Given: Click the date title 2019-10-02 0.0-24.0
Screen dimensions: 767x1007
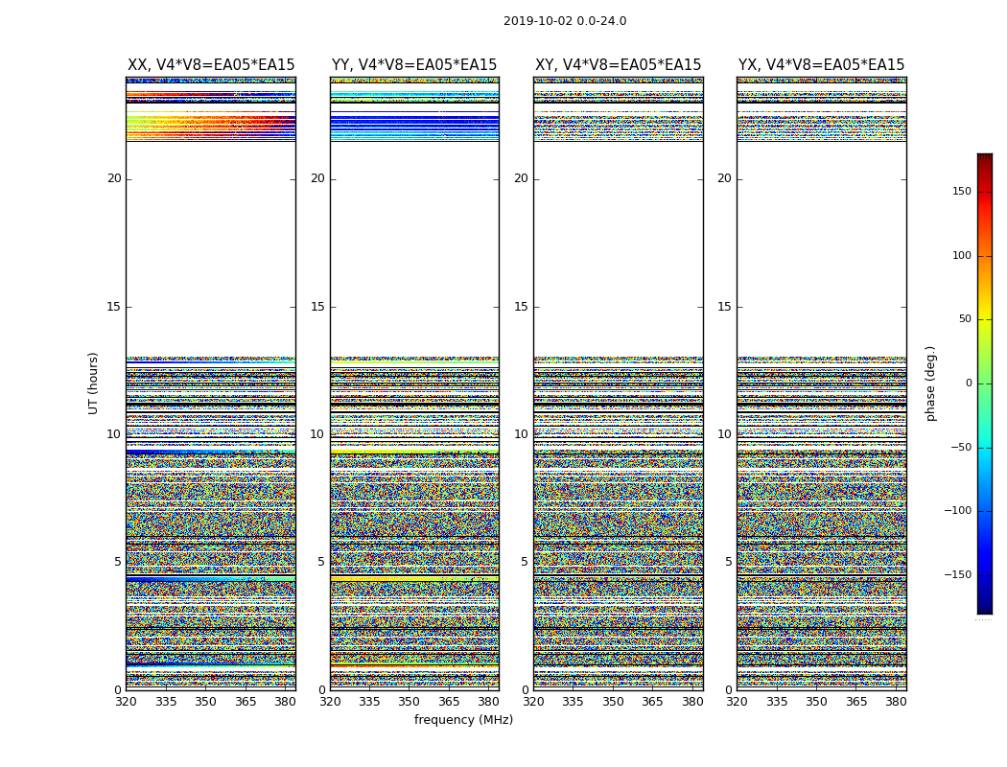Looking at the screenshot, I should coord(565,21).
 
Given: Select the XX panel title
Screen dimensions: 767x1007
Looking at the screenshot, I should coord(211,65).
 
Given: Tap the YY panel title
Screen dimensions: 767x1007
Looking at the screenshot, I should coord(414,65).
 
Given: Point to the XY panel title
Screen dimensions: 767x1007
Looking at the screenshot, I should coord(619,65).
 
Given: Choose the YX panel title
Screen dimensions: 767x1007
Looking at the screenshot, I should coord(822,65).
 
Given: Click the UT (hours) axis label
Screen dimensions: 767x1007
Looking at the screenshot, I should coord(94,383).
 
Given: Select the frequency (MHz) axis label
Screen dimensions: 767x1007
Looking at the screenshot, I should coord(463,720).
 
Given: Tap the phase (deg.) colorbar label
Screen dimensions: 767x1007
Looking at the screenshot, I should coord(931,383).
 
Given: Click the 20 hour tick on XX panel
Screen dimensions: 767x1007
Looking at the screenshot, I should coord(114,178).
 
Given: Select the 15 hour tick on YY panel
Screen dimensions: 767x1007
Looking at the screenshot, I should coord(317,307).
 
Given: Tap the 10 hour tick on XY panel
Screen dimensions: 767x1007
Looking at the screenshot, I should coord(521,434).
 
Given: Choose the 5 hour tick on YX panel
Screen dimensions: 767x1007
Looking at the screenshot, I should coord(728,562).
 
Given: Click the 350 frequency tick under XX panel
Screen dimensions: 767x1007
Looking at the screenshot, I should coord(205,702).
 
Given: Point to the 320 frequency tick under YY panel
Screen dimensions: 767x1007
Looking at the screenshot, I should coord(330,702).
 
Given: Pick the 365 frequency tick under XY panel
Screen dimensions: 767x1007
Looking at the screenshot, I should coord(653,702).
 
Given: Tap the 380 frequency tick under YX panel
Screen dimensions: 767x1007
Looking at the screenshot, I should coord(896,702).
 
